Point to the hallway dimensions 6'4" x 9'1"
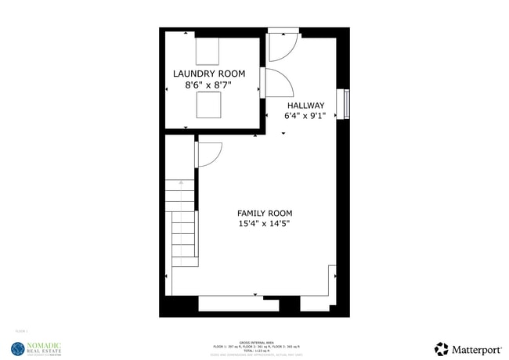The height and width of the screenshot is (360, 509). point(305,116)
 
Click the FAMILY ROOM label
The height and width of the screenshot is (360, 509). point(265,213)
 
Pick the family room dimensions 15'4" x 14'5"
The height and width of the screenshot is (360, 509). point(265,224)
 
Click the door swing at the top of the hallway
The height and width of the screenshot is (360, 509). point(280,48)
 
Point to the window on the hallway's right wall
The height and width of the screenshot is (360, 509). point(345,103)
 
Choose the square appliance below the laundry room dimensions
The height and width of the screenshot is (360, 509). point(208,104)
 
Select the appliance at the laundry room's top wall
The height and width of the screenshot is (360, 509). point(208,52)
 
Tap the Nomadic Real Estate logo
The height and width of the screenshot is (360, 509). point(34,349)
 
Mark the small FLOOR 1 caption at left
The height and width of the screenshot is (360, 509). point(21,332)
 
